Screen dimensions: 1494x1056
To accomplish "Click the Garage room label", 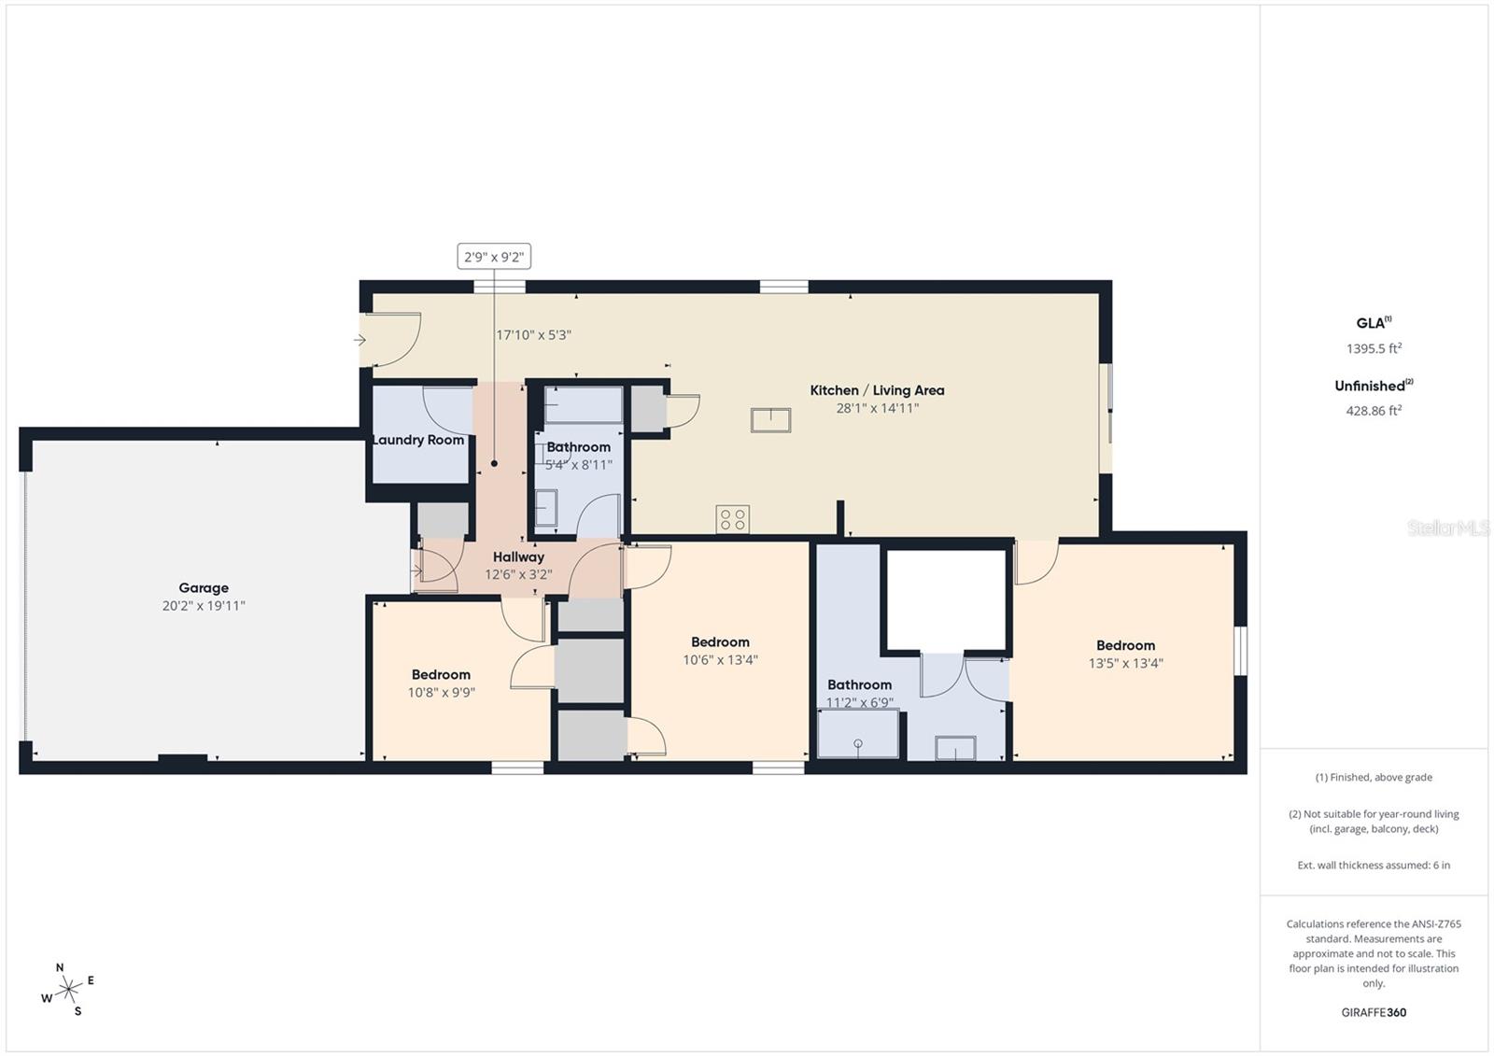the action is coord(204,587).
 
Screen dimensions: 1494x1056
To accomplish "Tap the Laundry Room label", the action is coord(418,440).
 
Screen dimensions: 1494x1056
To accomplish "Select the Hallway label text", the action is coord(518,557).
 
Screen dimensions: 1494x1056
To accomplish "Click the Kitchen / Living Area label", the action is coord(877,390).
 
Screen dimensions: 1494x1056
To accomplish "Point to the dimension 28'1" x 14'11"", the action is coord(877,408).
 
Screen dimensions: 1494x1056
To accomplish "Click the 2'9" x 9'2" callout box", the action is coord(494,257).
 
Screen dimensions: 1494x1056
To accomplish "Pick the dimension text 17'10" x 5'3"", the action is coord(533,335).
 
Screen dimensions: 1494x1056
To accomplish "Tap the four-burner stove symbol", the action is coord(732,519).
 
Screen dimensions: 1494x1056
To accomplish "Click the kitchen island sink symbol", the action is coord(770,420).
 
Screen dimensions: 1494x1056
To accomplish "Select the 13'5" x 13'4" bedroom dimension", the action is coord(1125,663).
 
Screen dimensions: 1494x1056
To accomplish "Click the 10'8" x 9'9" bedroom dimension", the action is coord(441,693).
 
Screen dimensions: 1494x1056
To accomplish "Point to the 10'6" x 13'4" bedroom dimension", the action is coord(720,660).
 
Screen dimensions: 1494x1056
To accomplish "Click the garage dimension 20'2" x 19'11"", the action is coord(204,606).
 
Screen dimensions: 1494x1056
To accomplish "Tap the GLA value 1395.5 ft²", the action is coord(1374,348).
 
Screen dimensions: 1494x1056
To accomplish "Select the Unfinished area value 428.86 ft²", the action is coord(1374,410).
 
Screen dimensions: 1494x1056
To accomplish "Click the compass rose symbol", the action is coord(67,990).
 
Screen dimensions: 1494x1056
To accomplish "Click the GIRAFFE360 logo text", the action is coord(1374,1012).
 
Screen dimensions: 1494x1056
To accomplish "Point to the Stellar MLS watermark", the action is coord(1448,528).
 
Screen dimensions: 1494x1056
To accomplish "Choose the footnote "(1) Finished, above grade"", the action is coord(1374,777).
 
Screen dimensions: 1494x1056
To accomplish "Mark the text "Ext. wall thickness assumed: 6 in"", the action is coord(1374,866).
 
